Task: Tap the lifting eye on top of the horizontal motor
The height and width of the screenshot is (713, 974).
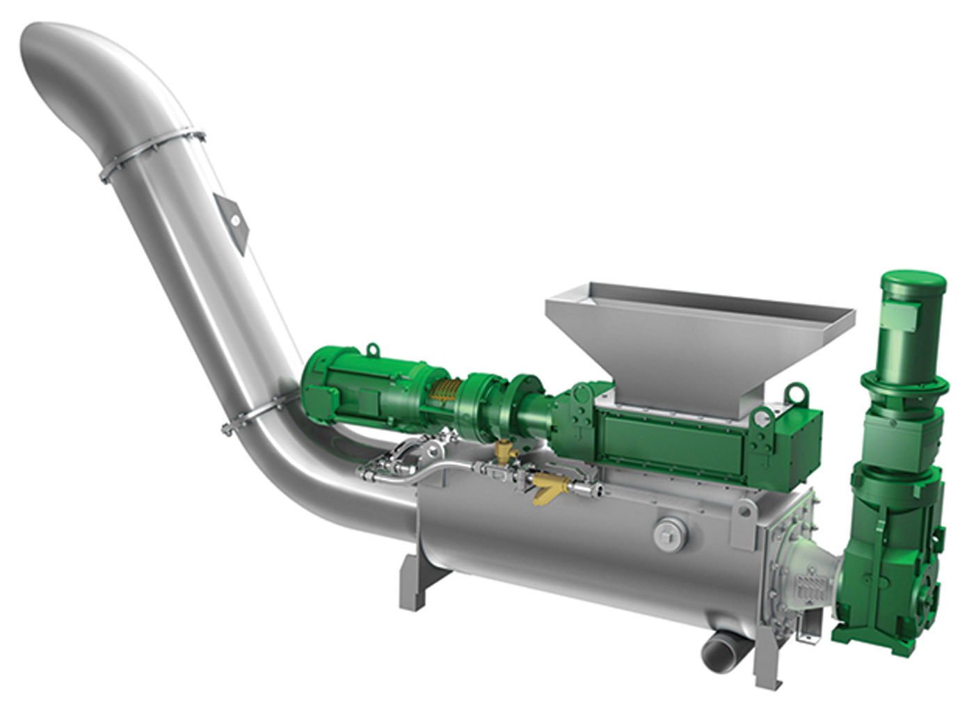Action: coord(374,349)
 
